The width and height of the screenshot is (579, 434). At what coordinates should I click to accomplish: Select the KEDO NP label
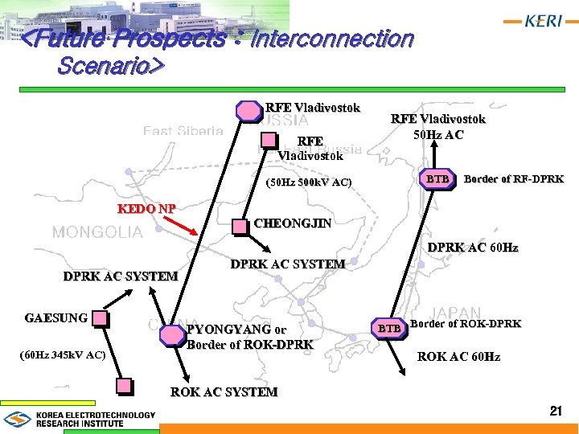(147, 209)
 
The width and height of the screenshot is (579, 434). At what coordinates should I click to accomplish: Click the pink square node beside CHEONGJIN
(240, 226)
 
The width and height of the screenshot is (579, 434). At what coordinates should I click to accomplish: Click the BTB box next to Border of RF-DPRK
(438, 178)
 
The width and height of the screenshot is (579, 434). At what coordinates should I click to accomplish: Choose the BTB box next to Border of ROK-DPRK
(389, 328)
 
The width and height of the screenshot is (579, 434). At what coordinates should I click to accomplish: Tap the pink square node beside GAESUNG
(99, 318)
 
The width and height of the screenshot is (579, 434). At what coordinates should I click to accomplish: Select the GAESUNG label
(56, 317)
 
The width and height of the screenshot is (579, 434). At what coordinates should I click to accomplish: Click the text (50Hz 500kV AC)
(308, 182)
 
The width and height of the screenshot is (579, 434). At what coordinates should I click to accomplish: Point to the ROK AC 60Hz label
(458, 356)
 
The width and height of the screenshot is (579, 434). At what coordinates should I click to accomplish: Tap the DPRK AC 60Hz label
(473, 248)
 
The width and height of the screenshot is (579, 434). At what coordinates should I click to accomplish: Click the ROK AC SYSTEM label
(224, 392)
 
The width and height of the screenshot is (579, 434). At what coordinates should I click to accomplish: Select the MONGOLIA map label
(97, 232)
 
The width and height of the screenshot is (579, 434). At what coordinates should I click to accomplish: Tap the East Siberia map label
(183, 130)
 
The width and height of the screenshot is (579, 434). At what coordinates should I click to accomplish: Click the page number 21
(555, 411)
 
